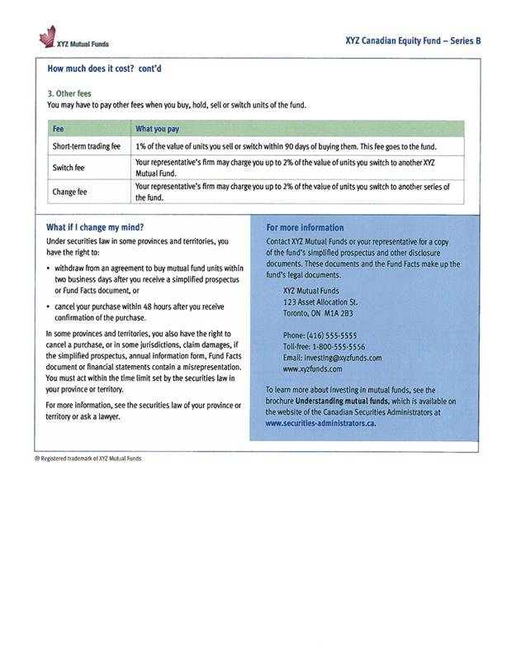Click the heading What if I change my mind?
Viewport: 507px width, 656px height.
[96, 226]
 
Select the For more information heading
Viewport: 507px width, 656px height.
[305, 227]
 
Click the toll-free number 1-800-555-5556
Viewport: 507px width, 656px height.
[335, 347]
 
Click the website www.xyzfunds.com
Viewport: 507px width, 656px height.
[314, 369]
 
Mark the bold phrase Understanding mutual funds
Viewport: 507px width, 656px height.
[339, 400]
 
